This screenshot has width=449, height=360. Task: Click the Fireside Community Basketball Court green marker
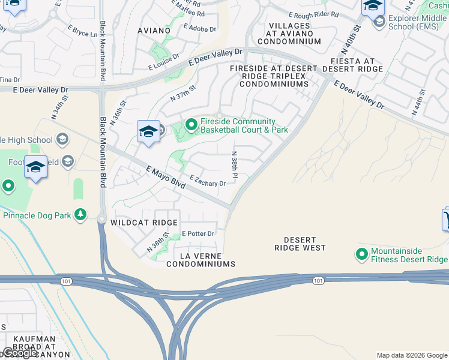[x=191, y=125]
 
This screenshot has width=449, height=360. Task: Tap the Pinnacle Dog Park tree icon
[x=80, y=215]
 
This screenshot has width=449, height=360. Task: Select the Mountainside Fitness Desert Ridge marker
[x=362, y=254]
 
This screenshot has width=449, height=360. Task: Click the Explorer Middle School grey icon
[x=379, y=23]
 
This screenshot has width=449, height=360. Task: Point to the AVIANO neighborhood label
[x=154, y=30]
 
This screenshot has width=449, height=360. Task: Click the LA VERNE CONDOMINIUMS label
[x=200, y=259]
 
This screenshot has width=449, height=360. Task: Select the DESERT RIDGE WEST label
[x=300, y=243]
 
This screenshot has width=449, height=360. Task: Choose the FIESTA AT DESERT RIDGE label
[x=352, y=65]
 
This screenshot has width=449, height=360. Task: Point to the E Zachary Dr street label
[x=208, y=181]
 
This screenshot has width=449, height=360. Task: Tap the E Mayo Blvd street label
[x=165, y=179]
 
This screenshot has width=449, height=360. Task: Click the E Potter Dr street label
[x=198, y=233]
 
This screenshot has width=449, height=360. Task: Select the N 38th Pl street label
[x=235, y=164]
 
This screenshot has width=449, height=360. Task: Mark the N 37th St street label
[x=183, y=93]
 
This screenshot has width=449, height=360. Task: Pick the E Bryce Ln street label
[x=82, y=31]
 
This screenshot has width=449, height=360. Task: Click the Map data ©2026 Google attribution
[x=411, y=355]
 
